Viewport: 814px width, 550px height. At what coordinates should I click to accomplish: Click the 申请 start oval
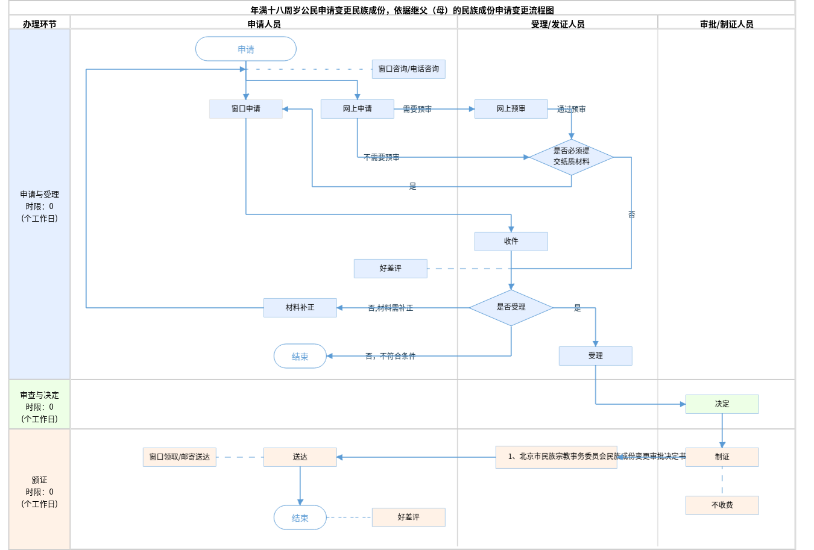point(245,49)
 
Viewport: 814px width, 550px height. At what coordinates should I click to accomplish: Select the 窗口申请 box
point(245,109)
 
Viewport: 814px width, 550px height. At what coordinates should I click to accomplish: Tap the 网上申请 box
point(357,109)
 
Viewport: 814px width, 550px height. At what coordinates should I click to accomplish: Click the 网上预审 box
point(511,109)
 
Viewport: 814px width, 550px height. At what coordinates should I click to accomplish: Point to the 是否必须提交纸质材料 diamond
point(571,157)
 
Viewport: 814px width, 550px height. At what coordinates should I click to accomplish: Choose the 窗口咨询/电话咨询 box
point(408,69)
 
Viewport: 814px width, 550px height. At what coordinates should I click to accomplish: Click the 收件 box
point(511,242)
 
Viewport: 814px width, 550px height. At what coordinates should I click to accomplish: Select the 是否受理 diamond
point(511,307)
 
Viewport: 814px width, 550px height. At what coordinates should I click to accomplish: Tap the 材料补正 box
point(300,308)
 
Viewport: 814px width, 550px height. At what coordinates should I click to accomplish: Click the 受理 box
point(595,356)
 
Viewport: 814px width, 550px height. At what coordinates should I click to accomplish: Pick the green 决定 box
point(722,404)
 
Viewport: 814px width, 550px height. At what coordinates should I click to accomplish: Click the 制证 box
point(722,457)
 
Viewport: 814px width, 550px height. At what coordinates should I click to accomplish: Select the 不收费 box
point(722,505)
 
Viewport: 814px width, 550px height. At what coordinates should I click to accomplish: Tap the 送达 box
point(300,457)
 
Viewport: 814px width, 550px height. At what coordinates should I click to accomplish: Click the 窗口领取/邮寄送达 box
point(179,457)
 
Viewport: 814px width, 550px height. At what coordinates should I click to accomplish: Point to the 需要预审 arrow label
point(417,109)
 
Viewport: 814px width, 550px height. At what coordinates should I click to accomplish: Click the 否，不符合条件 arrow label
point(390,356)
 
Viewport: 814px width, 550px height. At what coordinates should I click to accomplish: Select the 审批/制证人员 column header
point(726,24)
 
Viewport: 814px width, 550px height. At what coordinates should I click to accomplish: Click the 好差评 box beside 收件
point(390,269)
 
